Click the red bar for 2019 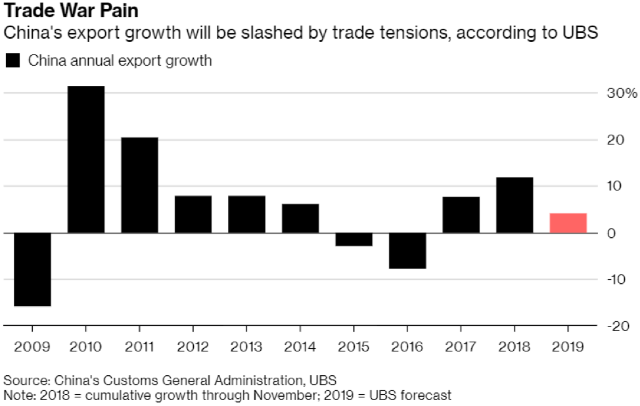coord(568,223)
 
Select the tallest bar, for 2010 coord(85,160)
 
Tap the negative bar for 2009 coord(32,269)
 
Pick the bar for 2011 coord(139,185)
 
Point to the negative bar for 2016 coord(407,250)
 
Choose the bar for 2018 coord(514,205)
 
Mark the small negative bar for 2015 coord(354,239)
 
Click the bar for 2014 coord(300,218)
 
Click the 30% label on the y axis coord(622,93)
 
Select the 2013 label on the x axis coord(246,346)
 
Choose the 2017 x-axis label coord(461,346)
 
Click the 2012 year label coord(193,346)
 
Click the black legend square coord(12,61)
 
